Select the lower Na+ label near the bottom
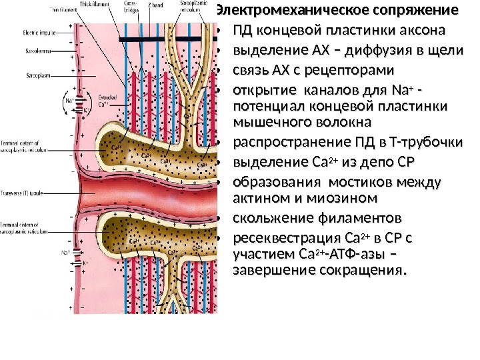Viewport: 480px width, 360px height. click(x=65, y=253)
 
